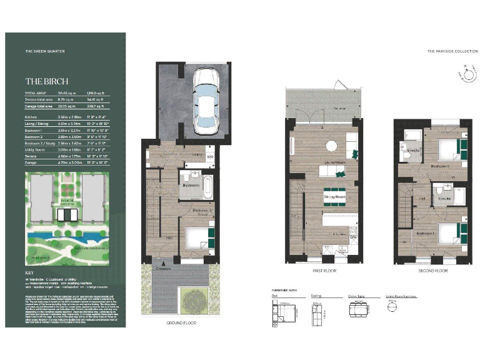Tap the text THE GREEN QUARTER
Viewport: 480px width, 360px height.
pyautogui.click(x=41, y=50)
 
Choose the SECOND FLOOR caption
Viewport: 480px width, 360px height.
pyautogui.click(x=433, y=271)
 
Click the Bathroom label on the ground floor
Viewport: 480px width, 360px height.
pyautogui.click(x=191, y=186)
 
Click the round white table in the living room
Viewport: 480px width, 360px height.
pyautogui.click(x=331, y=145)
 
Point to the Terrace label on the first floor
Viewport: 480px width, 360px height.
pyautogui.click(x=322, y=108)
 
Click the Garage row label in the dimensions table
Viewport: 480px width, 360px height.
pyautogui.click(x=31, y=163)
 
